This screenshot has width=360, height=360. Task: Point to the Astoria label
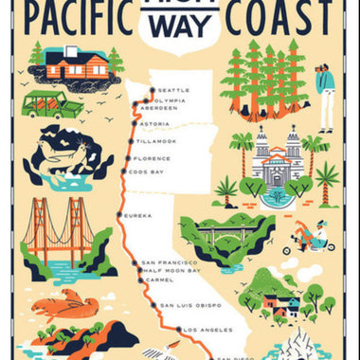(x=153, y=124)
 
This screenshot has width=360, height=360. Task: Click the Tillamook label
(x=156, y=141)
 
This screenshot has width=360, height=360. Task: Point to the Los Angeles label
(x=204, y=330)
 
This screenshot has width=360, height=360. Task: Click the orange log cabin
(x=77, y=64)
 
